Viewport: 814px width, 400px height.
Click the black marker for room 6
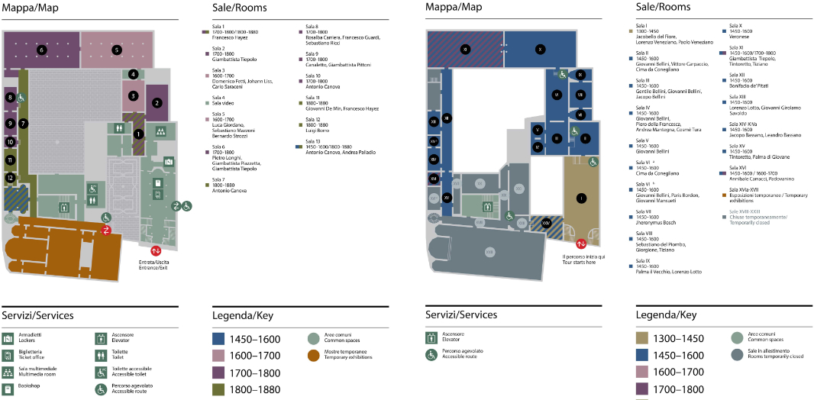click(41, 50)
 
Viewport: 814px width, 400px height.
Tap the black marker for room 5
click(117, 50)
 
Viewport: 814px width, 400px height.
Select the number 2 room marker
click(157, 102)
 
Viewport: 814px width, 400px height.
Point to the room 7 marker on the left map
click(24, 123)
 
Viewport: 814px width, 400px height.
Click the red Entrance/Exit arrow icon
click(156, 250)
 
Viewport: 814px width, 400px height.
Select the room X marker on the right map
click(540, 50)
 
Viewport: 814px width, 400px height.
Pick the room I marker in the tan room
click(582, 198)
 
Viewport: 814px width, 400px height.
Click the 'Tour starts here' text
click(578, 263)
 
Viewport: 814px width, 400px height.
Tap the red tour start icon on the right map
click(581, 244)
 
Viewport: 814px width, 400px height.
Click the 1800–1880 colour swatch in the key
click(226, 389)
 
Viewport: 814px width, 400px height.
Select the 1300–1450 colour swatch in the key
click(650, 338)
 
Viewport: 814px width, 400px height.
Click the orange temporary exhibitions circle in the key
click(313, 355)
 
